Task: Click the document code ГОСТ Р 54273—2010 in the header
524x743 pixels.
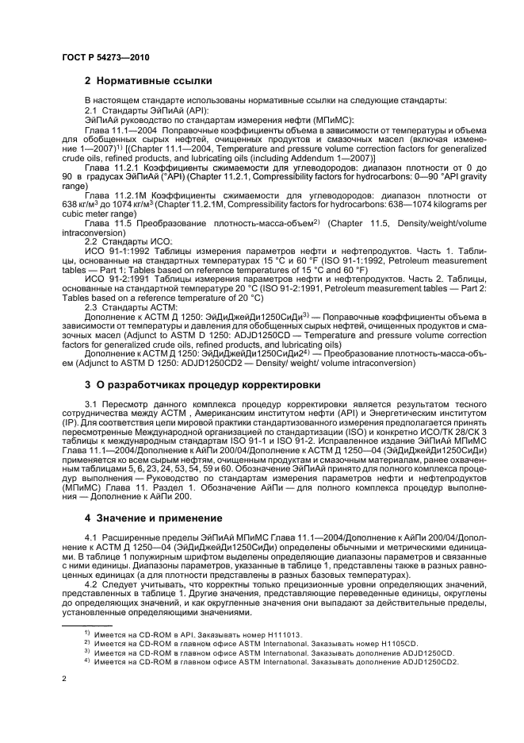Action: coord(105,58)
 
